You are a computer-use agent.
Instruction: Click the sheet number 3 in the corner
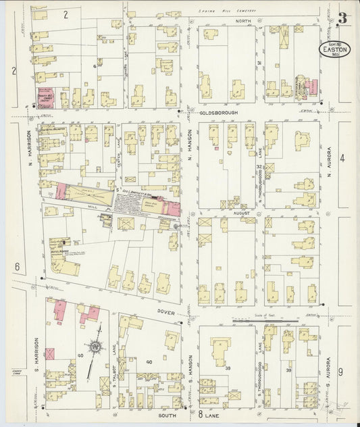[343, 18]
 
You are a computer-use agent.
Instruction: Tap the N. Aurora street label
[329, 159]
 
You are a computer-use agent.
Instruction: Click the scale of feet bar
[264, 320]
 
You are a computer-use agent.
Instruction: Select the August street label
[242, 212]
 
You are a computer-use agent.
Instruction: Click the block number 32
[259, 166]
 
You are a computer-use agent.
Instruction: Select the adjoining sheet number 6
[17, 266]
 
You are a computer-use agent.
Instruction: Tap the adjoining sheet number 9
[340, 372]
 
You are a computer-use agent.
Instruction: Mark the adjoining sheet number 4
[342, 159]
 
